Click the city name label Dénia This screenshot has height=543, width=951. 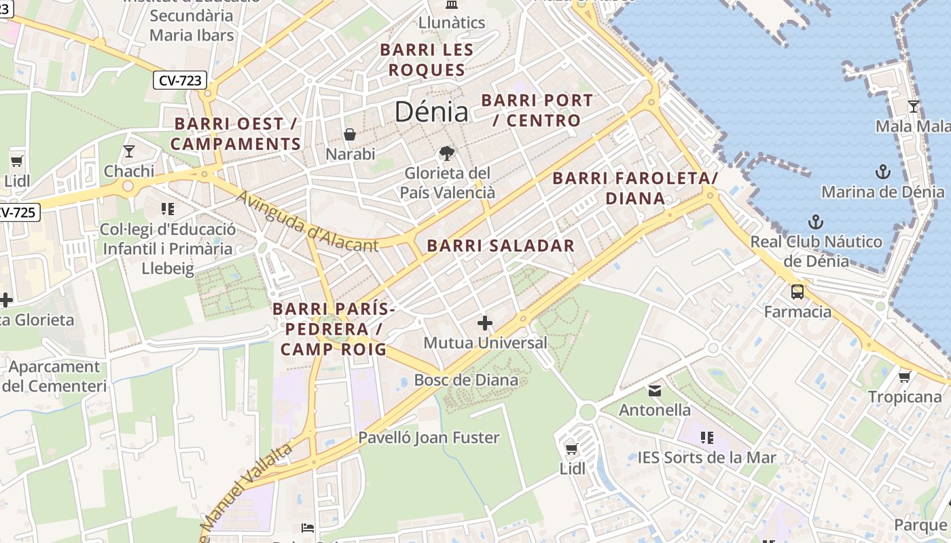431,112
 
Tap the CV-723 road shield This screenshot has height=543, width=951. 179,80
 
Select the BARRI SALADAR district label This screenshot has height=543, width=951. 501,246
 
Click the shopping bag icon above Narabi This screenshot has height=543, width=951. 350,134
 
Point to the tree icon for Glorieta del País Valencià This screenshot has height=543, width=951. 446,153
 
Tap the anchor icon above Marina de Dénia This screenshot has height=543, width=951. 882,171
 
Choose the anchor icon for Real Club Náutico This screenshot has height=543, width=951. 815,222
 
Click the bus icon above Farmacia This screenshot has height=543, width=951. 797,292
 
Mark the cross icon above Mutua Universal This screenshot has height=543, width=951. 485,323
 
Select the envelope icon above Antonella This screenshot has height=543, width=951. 655,390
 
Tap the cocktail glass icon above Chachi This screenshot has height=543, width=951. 129,151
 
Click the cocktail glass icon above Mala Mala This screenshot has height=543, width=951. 914,107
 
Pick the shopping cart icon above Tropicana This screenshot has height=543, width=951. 904,377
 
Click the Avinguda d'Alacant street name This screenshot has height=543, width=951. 307,221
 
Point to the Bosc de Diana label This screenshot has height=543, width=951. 466,380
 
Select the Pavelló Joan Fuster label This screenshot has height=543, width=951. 429,438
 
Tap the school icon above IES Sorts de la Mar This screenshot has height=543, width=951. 706,438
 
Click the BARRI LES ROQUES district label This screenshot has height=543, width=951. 427,60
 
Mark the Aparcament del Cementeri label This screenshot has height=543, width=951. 54,377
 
